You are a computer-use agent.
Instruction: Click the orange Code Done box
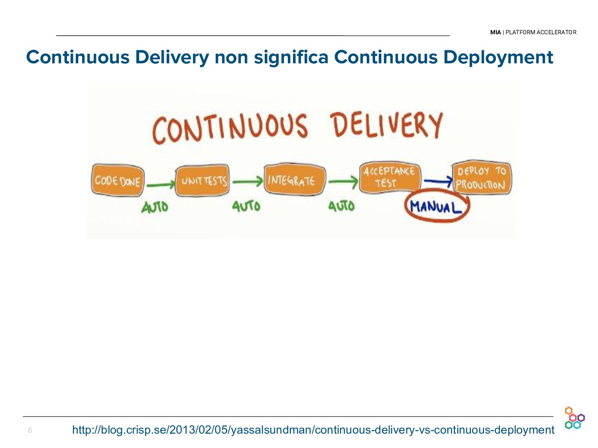117,180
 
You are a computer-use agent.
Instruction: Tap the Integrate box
294,180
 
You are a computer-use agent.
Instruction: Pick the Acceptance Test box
389,177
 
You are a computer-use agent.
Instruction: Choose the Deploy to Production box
481,178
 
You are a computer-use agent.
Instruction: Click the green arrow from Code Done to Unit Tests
160,184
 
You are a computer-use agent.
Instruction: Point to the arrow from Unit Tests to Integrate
247,182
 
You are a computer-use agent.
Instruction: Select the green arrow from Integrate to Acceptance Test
343,182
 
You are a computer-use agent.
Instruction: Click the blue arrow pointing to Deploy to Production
437,182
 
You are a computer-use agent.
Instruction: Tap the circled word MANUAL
436,207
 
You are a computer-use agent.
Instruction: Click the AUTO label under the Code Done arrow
155,207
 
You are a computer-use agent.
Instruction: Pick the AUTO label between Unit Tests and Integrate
246,206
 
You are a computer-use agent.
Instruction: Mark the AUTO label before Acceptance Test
341,206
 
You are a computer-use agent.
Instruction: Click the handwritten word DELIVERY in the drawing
386,125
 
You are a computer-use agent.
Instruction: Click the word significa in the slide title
291,57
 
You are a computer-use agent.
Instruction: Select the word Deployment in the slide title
498,57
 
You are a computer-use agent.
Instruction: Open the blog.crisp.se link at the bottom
313,430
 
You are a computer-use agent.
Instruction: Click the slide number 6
30,430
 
